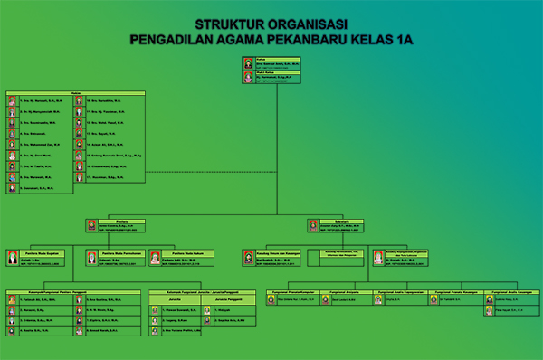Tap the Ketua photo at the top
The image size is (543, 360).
coord(248,63)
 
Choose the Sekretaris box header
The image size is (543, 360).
coord(342,219)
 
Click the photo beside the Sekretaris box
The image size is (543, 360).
coord(312,226)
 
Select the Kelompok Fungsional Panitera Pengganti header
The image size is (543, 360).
coord(73,292)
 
